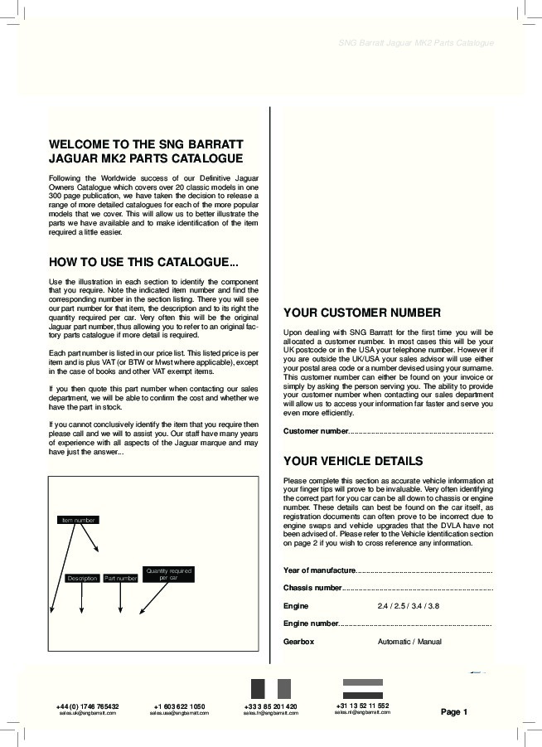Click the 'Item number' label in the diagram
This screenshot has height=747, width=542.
point(79,520)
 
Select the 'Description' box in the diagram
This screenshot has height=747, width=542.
point(82,578)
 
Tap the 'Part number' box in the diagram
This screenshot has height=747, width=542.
point(120,578)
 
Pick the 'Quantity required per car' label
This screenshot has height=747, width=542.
point(169,574)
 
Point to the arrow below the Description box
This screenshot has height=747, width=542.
point(82,599)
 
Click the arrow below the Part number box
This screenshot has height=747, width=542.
point(120,599)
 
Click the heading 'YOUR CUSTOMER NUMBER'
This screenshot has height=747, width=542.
point(362,313)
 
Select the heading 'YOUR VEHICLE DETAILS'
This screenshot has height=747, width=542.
point(353,461)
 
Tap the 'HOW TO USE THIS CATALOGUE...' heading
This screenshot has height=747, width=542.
point(143,263)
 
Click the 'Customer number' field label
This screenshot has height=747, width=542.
point(316,431)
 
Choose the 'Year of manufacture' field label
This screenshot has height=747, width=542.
point(320,570)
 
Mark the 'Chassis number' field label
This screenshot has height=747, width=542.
point(312,588)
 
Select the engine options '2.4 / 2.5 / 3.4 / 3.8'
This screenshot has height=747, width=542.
point(409,606)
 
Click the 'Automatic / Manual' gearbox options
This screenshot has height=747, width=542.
point(409,642)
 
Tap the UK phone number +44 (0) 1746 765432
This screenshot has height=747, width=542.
point(87,706)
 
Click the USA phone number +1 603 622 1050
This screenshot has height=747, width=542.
point(179,706)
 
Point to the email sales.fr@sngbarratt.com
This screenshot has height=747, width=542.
point(271,713)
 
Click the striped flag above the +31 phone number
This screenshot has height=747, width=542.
point(363,689)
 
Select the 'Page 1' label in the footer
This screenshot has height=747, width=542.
point(454,711)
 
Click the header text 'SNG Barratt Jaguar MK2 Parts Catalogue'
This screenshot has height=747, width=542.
point(417,42)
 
